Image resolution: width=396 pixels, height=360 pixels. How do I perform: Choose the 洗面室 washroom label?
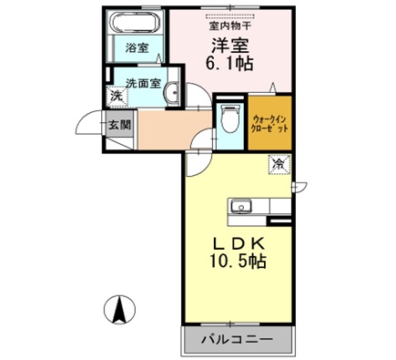pos(144,81)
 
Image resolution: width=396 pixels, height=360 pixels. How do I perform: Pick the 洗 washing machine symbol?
pos(117,95)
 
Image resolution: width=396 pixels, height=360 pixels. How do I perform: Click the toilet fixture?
pos(229,118)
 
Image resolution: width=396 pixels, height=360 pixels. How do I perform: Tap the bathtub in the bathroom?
pos(136,24)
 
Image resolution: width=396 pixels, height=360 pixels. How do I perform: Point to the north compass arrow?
pos(118,311)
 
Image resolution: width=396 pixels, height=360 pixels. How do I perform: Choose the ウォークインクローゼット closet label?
pos(270,122)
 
